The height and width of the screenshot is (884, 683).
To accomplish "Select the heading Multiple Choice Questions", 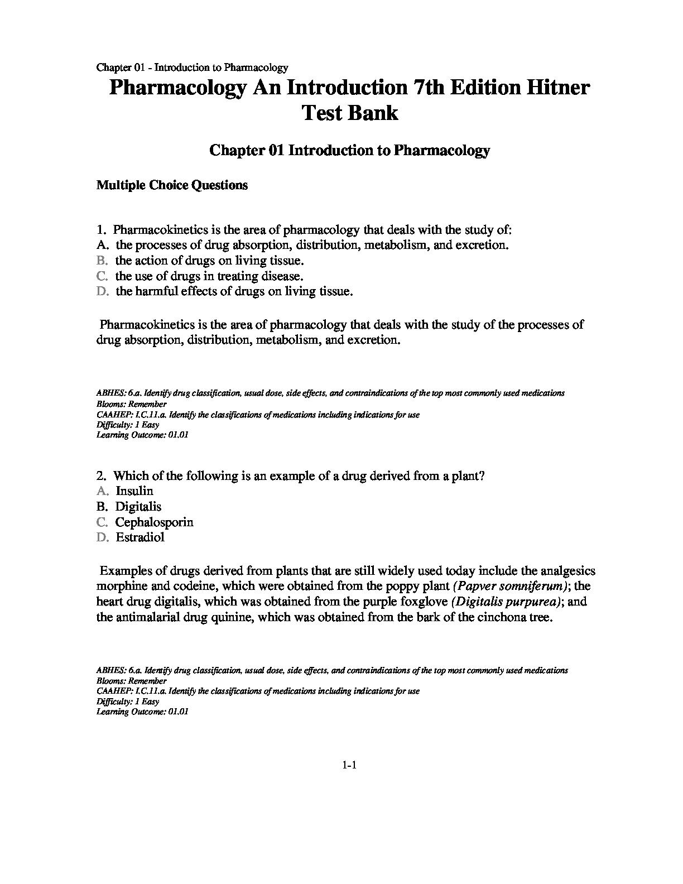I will (x=172, y=185).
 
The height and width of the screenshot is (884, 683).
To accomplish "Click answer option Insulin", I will (x=134, y=491).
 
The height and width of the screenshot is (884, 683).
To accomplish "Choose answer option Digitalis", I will (x=138, y=507).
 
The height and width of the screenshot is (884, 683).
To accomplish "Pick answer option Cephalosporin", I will (x=154, y=522).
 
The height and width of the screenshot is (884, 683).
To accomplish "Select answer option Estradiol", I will (x=140, y=537).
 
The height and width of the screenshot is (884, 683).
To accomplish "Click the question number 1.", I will (x=101, y=230).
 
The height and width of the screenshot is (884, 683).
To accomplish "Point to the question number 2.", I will (x=101, y=476).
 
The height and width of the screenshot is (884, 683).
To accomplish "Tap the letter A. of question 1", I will (x=102, y=245).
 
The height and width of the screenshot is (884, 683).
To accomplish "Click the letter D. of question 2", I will (x=102, y=537).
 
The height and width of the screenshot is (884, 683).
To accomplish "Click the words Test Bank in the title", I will (x=350, y=113).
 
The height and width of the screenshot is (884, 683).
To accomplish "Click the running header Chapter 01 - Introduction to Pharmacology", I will (x=192, y=68).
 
